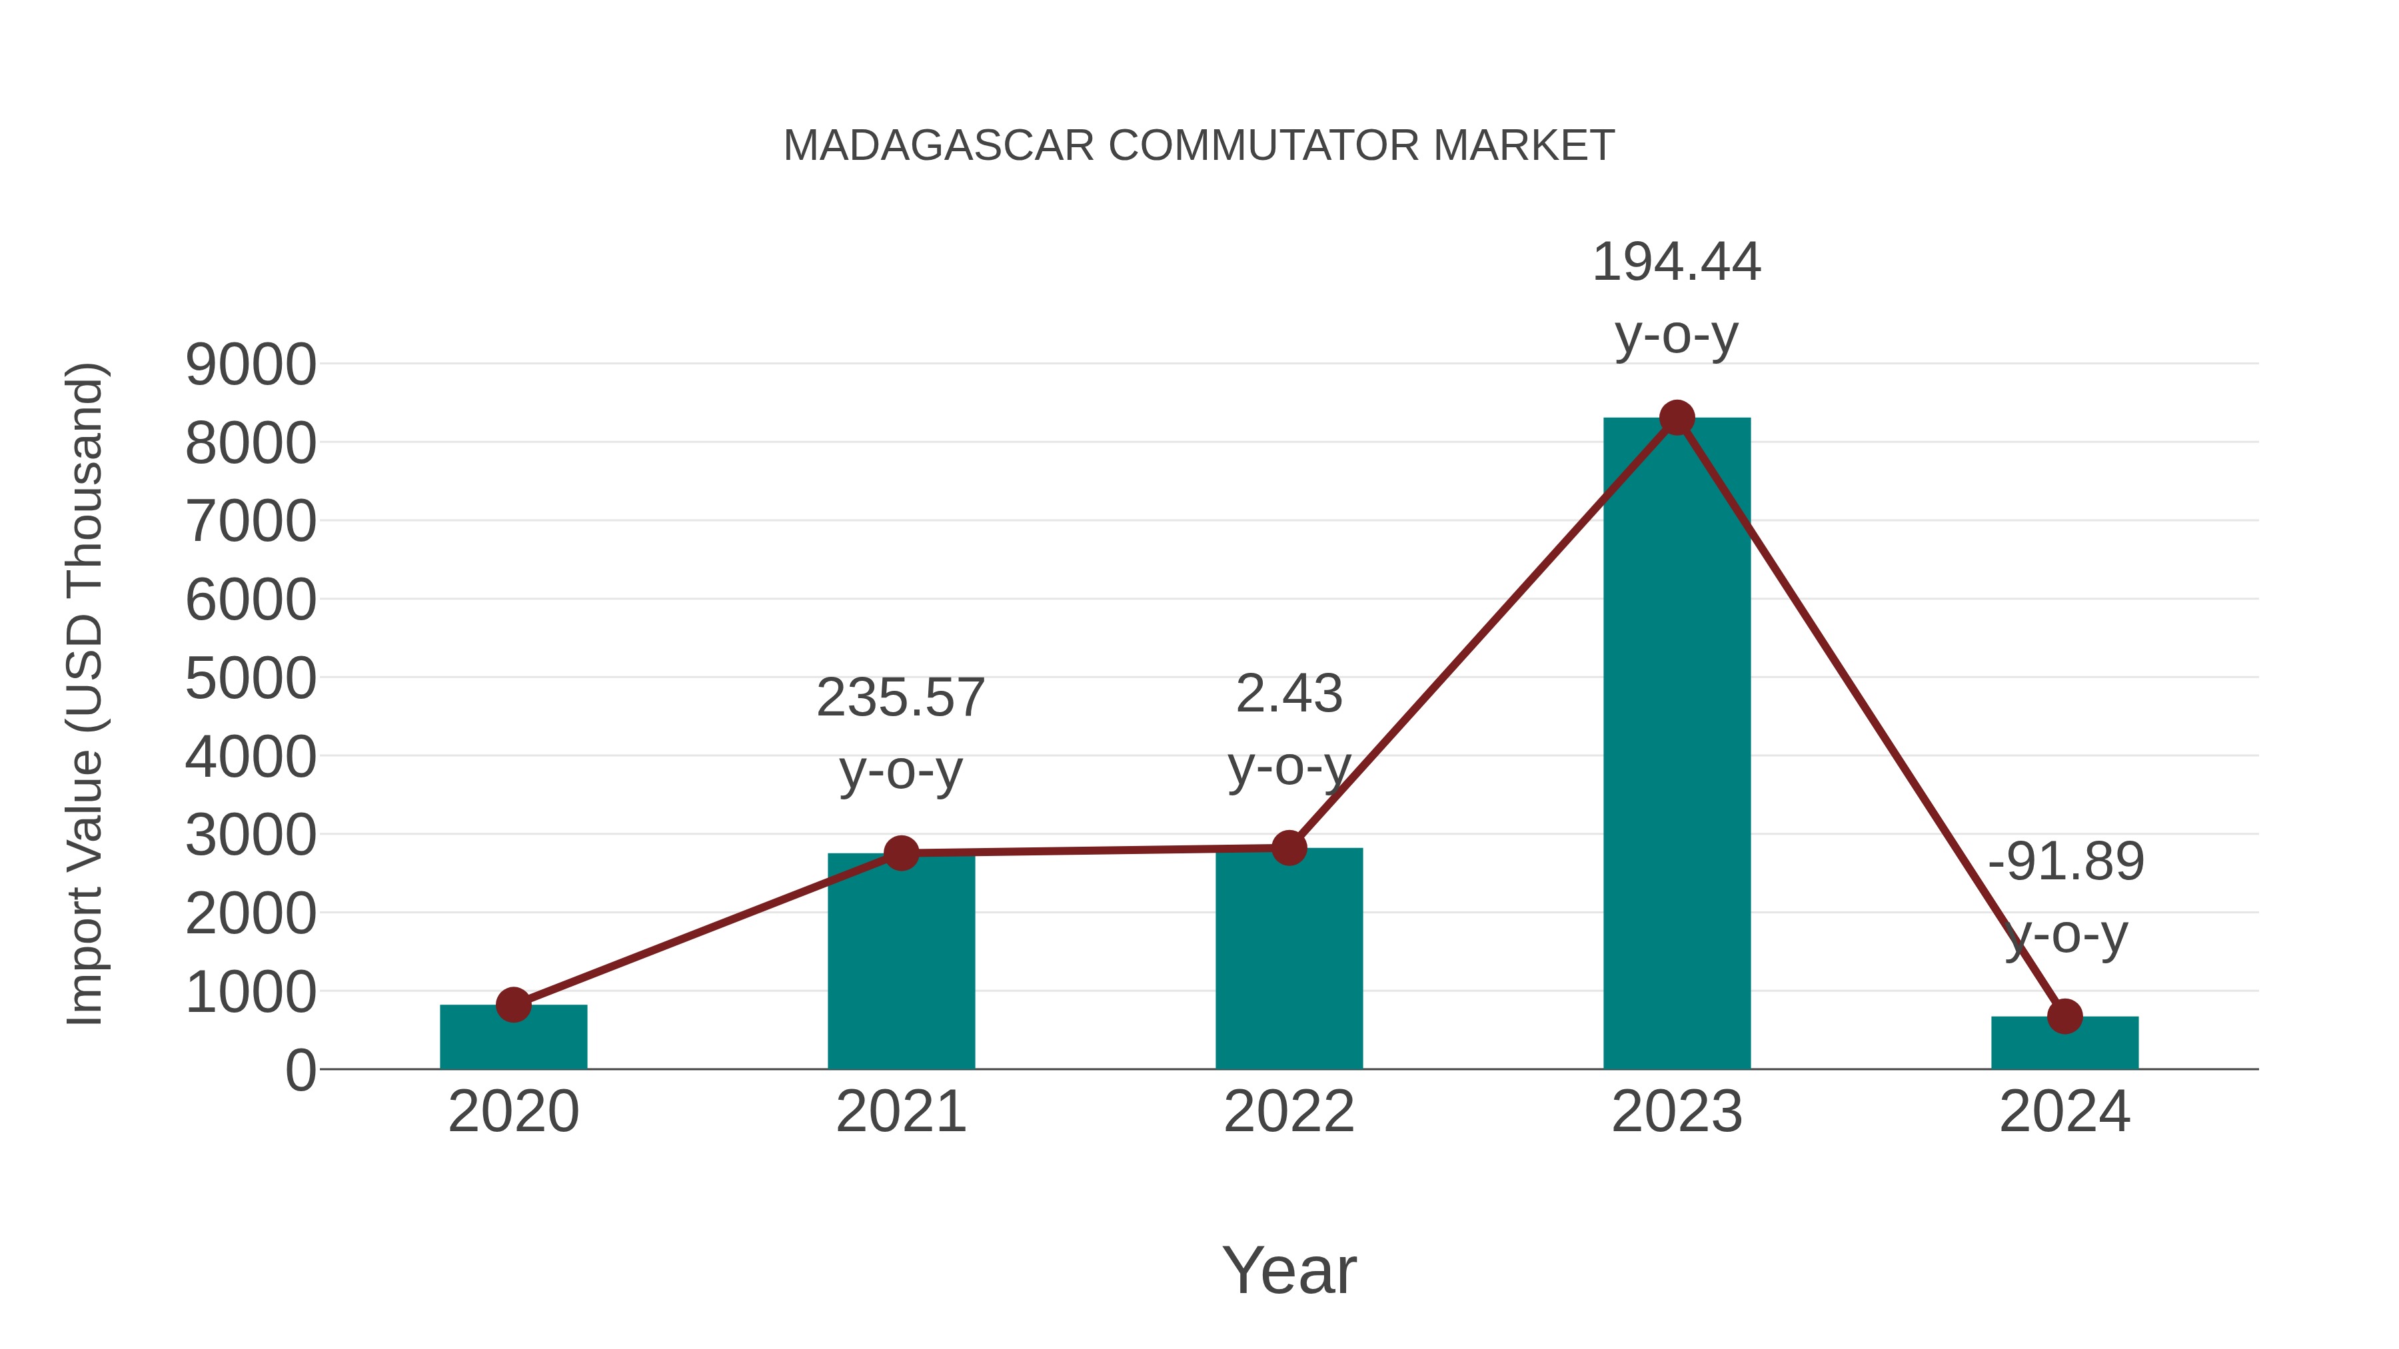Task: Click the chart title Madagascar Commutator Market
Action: tap(1199, 145)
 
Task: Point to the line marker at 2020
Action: tap(513, 1005)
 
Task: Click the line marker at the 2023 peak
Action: tap(1677, 418)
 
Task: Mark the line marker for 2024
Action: tap(2064, 1016)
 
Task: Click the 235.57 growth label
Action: tap(900, 698)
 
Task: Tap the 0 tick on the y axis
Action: tap(300, 1070)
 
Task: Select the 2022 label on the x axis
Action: tap(1289, 1112)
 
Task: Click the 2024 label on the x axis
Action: tap(2064, 1112)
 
